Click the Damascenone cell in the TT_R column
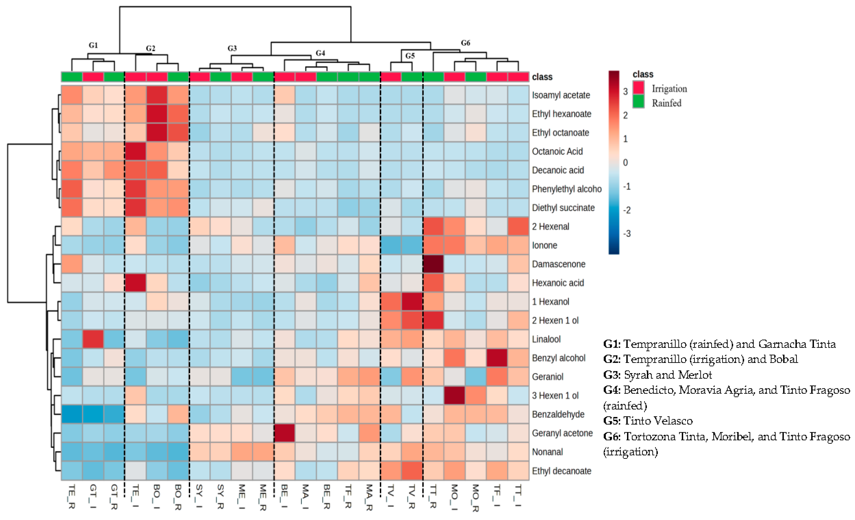(x=433, y=264)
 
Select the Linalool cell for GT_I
(x=93, y=339)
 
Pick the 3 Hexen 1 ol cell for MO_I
(x=455, y=395)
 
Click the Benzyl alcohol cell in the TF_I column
(x=497, y=357)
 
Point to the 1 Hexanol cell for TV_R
(x=412, y=301)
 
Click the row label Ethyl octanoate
(x=560, y=133)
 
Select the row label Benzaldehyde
(x=558, y=414)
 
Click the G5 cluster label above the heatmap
(x=410, y=56)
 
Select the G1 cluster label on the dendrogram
(x=93, y=45)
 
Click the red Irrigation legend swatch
(x=639, y=88)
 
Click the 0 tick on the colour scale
(x=625, y=163)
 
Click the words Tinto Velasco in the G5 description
(x=658, y=421)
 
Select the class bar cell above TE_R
(x=72, y=77)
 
